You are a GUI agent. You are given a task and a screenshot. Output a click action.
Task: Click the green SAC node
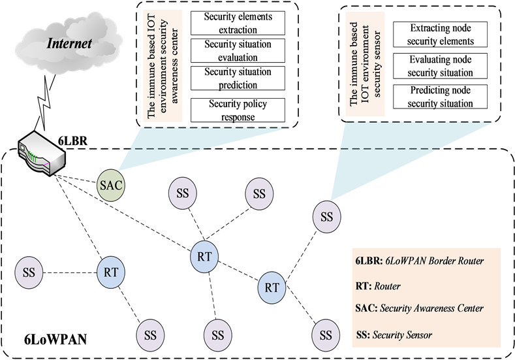coord(111,185)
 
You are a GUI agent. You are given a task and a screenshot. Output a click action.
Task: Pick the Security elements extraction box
coord(238,23)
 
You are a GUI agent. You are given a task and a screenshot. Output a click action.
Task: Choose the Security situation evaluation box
coord(238,51)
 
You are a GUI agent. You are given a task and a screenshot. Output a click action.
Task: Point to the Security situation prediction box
coord(238,78)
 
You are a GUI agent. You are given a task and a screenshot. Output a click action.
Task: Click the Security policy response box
coord(238,110)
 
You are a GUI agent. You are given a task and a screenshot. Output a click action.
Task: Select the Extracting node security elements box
coord(441,35)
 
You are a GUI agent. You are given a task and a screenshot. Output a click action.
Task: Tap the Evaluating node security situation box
coord(441,66)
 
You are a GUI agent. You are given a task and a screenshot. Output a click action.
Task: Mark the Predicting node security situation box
coord(441,97)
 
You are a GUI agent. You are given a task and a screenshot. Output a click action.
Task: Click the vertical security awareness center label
coord(161,65)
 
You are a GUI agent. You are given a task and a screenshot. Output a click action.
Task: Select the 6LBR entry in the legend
coord(420,261)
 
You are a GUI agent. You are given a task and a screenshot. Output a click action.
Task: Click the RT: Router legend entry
coord(378,286)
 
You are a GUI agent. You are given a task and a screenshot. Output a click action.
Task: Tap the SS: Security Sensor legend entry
coord(394,335)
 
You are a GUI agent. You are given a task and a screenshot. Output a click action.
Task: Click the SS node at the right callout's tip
coord(326,216)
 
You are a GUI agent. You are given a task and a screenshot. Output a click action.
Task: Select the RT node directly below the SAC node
coord(111,272)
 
